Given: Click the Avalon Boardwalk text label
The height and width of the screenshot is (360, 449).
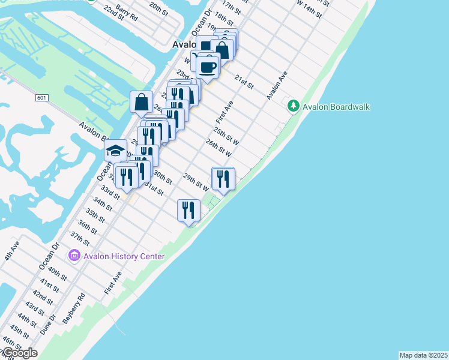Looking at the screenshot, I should click(336, 107).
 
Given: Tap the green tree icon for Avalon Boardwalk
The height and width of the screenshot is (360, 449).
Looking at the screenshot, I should click(294, 106).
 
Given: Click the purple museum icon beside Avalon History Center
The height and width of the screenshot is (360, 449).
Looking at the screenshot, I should click(74, 256).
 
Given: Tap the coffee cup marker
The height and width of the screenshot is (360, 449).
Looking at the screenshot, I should click(208, 68).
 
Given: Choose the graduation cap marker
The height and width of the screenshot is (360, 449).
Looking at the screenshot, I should click(116, 151).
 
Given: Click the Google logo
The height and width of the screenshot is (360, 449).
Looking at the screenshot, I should click(19, 353).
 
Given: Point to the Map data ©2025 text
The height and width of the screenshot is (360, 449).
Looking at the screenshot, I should click(423, 355).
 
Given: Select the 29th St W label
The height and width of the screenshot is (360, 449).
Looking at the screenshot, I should click(196, 182).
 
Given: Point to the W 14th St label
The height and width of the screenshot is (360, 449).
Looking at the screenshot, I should click(304, 7).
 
